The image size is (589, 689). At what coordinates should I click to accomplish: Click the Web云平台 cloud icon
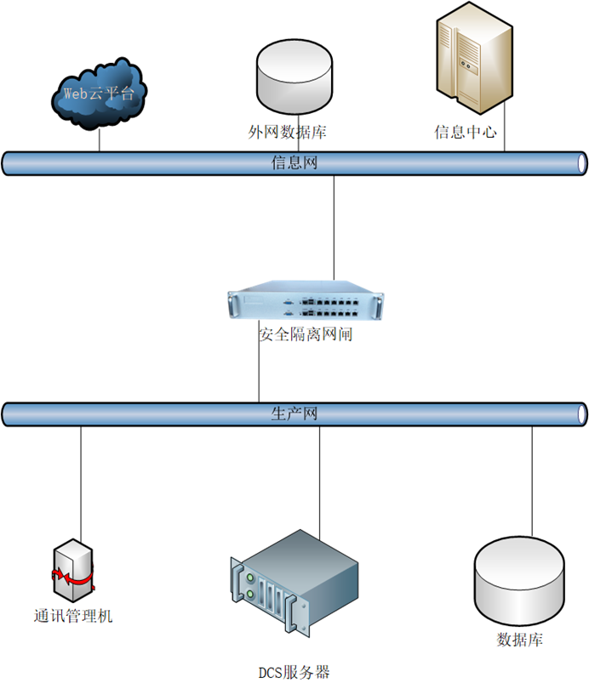click(x=99, y=94)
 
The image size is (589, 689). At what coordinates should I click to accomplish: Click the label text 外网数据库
click(x=288, y=133)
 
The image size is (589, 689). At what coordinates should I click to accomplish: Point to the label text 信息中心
click(x=465, y=133)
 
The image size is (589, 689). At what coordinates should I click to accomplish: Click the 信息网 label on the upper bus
click(x=294, y=162)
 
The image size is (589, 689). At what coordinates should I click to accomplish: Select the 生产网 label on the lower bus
click(x=294, y=414)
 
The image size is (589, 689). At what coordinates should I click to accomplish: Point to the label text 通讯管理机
click(x=73, y=616)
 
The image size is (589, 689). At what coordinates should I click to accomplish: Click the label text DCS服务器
click(x=294, y=672)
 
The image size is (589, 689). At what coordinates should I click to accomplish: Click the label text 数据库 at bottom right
click(x=519, y=640)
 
